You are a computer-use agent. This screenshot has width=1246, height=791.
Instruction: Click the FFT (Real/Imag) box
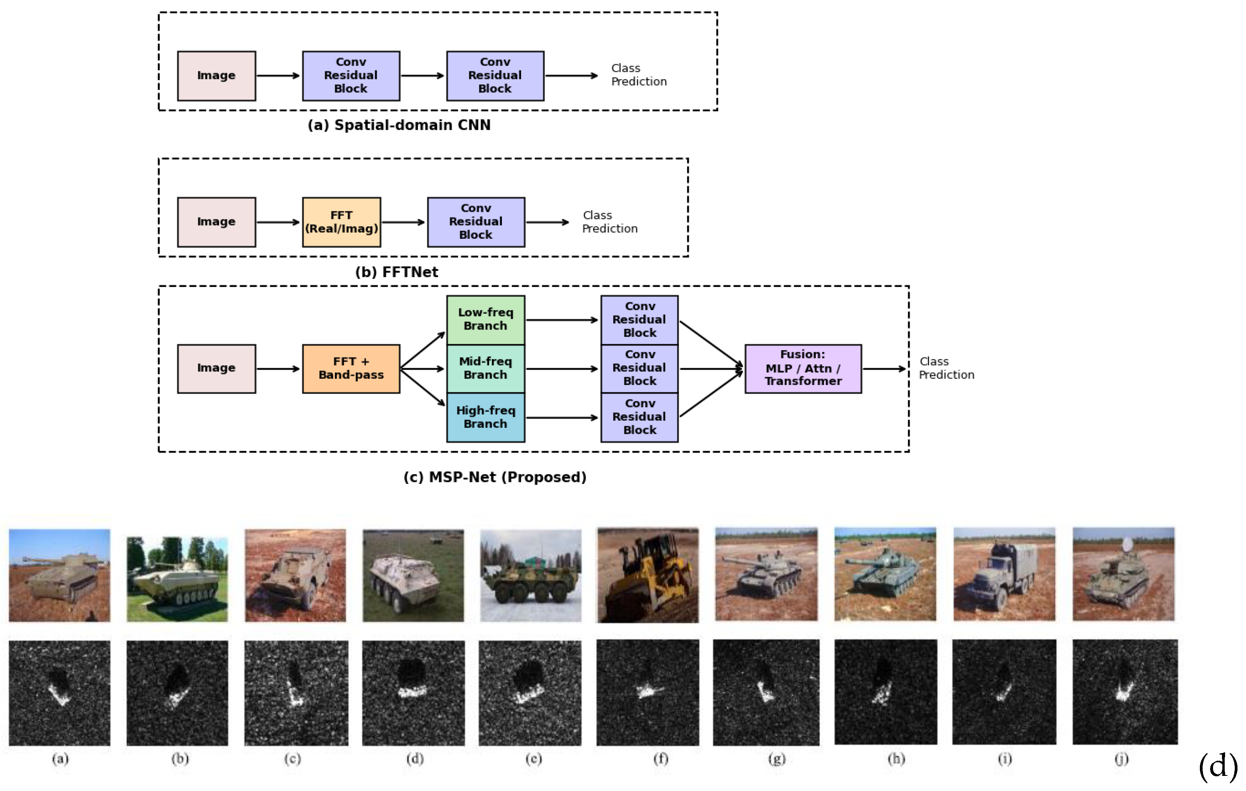(341, 222)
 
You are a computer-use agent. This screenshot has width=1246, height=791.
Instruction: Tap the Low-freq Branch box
(485, 320)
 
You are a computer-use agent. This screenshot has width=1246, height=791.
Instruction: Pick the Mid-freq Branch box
(485, 369)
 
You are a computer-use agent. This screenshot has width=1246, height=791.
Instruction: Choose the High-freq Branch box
(485, 417)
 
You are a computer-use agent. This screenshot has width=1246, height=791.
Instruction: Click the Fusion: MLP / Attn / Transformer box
(803, 369)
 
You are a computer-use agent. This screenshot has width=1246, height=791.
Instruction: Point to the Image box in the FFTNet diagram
(216, 222)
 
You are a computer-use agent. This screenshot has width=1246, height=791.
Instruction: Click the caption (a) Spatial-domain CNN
(399, 125)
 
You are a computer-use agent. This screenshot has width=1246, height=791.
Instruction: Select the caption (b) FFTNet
(396, 272)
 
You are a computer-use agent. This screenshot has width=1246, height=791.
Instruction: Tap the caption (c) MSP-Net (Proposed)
(495, 477)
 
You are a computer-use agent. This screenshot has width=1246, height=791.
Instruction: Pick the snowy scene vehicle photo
(531, 575)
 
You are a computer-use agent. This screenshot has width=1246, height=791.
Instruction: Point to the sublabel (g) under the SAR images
(777, 759)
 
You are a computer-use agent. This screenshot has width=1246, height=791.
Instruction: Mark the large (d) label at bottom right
(1218, 766)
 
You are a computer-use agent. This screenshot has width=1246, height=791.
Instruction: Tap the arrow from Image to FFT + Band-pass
(278, 369)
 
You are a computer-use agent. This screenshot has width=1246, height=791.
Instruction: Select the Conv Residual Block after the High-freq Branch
(639, 417)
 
